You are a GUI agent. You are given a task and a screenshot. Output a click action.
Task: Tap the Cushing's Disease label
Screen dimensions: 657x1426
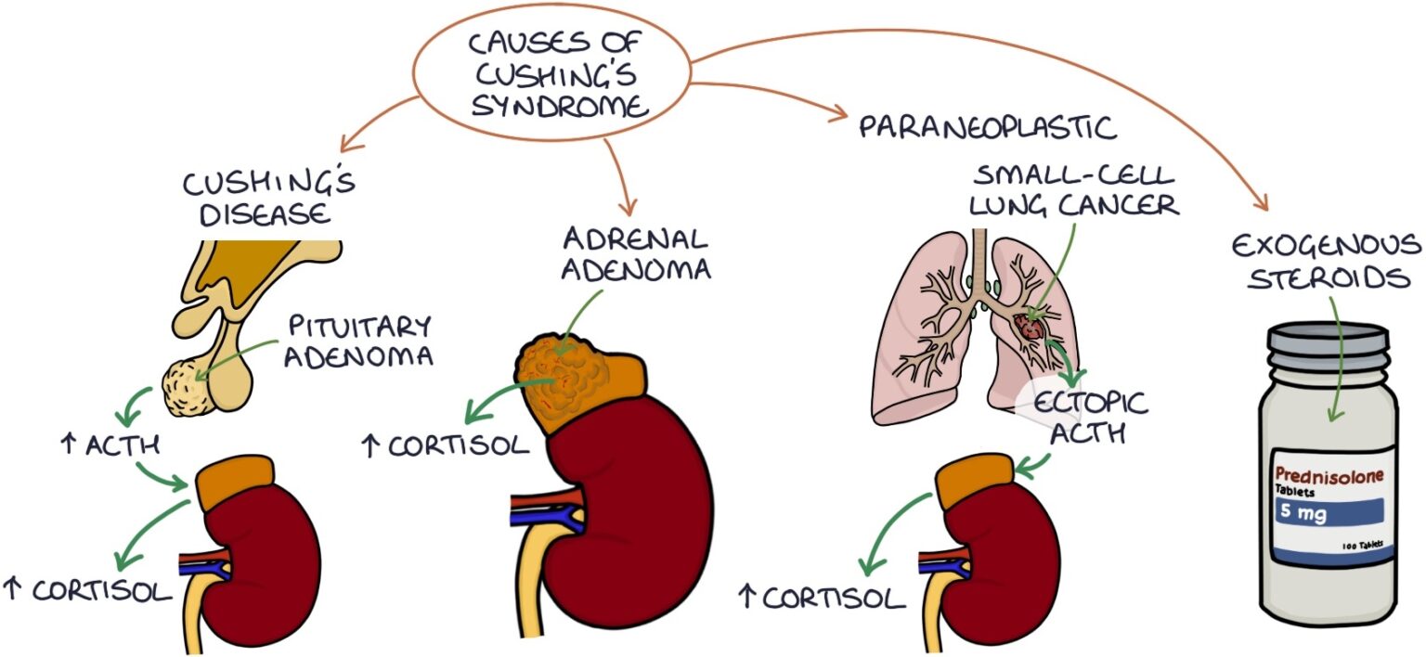pos(268,198)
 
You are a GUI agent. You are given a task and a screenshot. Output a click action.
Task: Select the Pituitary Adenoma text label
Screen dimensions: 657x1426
pos(360,341)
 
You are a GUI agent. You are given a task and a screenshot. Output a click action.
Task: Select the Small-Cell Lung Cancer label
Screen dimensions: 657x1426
pos(1074,191)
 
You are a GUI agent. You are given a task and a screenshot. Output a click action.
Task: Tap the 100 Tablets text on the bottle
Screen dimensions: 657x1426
pos(1362,546)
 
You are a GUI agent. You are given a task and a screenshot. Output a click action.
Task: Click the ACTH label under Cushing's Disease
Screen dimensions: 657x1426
pos(110,445)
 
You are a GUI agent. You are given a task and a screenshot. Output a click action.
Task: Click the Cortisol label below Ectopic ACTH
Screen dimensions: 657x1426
pos(821,597)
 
